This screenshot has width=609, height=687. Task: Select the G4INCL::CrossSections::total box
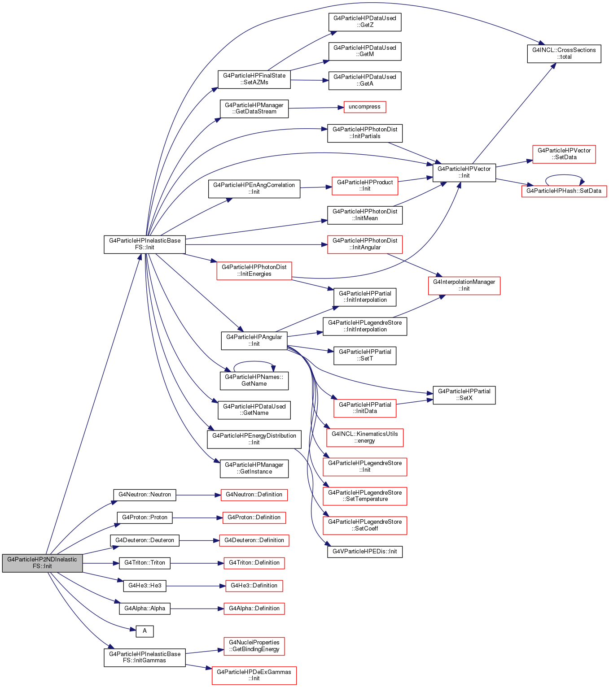pos(564,53)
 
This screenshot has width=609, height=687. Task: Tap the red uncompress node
pos(364,107)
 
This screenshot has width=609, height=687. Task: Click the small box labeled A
pos(145,630)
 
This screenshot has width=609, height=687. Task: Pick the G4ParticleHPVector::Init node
pos(464,173)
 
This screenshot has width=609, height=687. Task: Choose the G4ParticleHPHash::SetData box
pos(564,191)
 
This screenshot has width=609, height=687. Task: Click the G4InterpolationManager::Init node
pos(464,286)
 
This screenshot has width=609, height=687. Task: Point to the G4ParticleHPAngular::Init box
pos(254,340)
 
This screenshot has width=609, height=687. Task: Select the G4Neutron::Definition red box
pos(254,495)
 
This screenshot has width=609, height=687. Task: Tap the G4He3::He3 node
pos(145,586)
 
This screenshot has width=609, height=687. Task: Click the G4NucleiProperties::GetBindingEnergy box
pos(254,646)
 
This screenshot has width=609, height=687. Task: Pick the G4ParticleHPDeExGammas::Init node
pos(254,675)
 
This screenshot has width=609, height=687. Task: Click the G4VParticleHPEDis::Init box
pos(364,552)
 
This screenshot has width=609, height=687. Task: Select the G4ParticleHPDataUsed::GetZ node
pos(364,22)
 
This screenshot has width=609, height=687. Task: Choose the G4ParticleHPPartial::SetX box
pos(464,395)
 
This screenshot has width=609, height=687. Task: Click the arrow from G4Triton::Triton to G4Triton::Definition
pos(197,563)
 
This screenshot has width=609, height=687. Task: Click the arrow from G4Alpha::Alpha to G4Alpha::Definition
pos(197,609)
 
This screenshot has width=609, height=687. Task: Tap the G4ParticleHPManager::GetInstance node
pos(254,468)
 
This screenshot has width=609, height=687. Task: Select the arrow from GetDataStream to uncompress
pos(316,108)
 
